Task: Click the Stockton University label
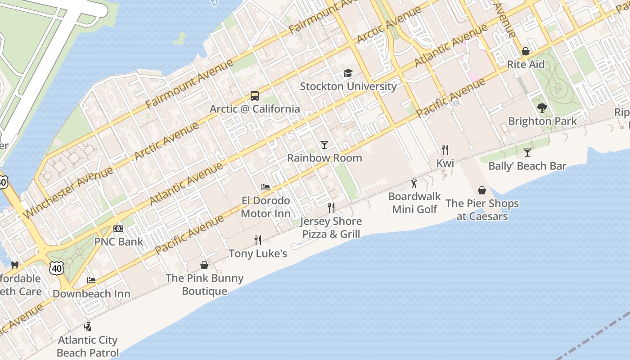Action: pos(348,86)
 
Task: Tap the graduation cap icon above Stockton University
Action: pos(348,73)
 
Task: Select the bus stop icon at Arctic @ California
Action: pos(255,96)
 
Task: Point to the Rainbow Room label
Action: pos(324,158)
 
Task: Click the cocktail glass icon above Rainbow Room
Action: pos(324,145)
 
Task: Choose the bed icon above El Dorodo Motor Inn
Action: pos(265,187)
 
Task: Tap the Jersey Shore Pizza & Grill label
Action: pos(331,228)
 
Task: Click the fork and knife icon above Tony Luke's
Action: pos(258,240)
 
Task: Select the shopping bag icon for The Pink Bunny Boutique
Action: pos(204,265)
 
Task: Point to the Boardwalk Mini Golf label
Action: pos(414,203)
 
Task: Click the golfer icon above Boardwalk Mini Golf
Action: pos(414,184)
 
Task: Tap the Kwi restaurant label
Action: pos(445,163)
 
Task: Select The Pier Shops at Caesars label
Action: pos(482,210)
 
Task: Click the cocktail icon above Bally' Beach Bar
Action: pos(527,153)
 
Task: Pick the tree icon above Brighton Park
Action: pos(542,108)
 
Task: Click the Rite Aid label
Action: pos(526,64)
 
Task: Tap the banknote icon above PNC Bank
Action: pos(118,229)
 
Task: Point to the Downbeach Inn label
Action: pos(91,294)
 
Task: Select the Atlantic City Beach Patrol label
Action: pos(88,346)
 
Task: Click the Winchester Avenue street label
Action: pos(67,192)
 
